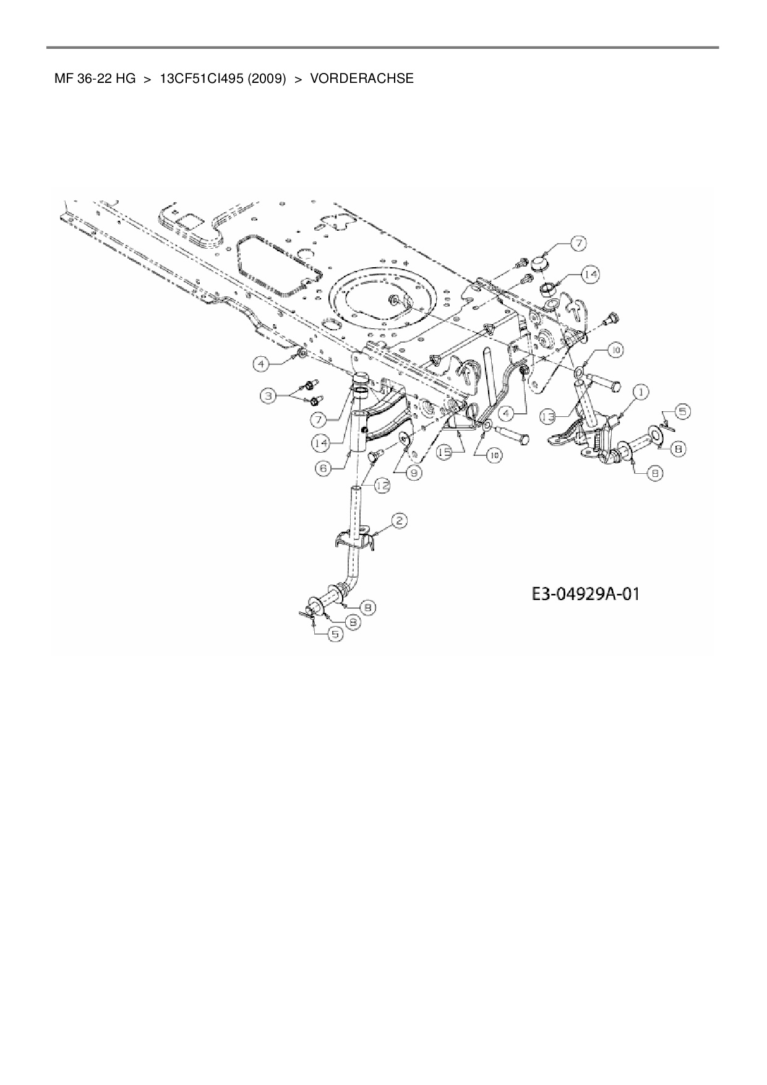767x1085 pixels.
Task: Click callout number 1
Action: click(x=640, y=392)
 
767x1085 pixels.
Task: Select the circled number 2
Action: click(x=400, y=521)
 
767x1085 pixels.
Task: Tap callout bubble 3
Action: click(x=268, y=395)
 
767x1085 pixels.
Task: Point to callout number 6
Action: click(x=324, y=470)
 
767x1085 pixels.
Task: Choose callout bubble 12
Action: click(x=383, y=486)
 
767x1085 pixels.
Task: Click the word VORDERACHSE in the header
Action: click(x=362, y=79)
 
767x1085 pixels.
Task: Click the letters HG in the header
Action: click(x=125, y=79)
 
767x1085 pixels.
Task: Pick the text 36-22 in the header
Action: click(x=94, y=79)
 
